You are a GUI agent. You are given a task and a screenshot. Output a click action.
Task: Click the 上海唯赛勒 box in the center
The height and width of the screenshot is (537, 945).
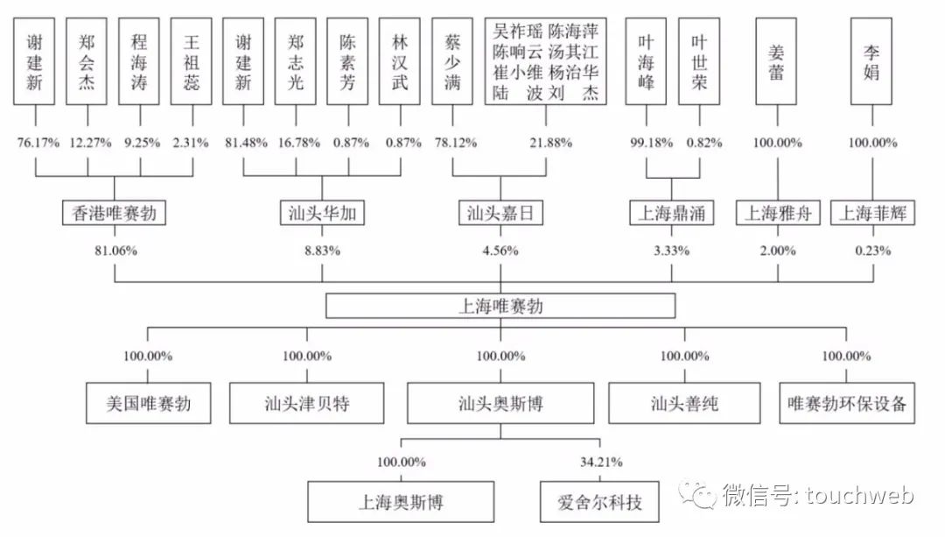pos(500,306)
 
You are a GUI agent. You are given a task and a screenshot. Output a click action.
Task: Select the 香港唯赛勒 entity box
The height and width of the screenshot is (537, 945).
pos(115,213)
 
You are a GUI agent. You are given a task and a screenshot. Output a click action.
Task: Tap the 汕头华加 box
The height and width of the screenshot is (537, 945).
pos(322,213)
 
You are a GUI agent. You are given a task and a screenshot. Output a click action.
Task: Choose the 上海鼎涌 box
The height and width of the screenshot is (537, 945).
pos(672,213)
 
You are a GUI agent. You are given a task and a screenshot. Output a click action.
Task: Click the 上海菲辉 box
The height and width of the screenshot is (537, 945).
pos(873,213)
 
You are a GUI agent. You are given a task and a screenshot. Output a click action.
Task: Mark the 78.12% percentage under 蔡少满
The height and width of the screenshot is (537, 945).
pos(452,143)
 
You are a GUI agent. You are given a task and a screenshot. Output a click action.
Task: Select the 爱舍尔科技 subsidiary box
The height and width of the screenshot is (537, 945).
pos(599,504)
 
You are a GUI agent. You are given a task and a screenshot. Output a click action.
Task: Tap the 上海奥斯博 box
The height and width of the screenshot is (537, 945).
pos(401,504)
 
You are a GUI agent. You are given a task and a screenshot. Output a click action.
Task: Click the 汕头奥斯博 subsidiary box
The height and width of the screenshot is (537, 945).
pos(500,404)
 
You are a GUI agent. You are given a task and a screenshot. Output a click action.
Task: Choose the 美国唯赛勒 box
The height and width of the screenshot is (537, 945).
pos(148,404)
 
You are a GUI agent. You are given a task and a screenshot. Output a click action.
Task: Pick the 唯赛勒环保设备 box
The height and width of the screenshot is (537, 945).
pos(846,404)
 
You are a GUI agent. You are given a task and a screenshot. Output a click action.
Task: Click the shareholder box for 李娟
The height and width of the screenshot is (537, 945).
pos(871,60)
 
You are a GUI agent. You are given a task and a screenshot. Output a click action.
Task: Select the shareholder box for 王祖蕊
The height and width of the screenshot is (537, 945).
pos(191,60)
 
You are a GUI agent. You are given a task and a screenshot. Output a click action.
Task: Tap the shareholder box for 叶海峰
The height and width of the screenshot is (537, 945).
pos(646,60)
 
